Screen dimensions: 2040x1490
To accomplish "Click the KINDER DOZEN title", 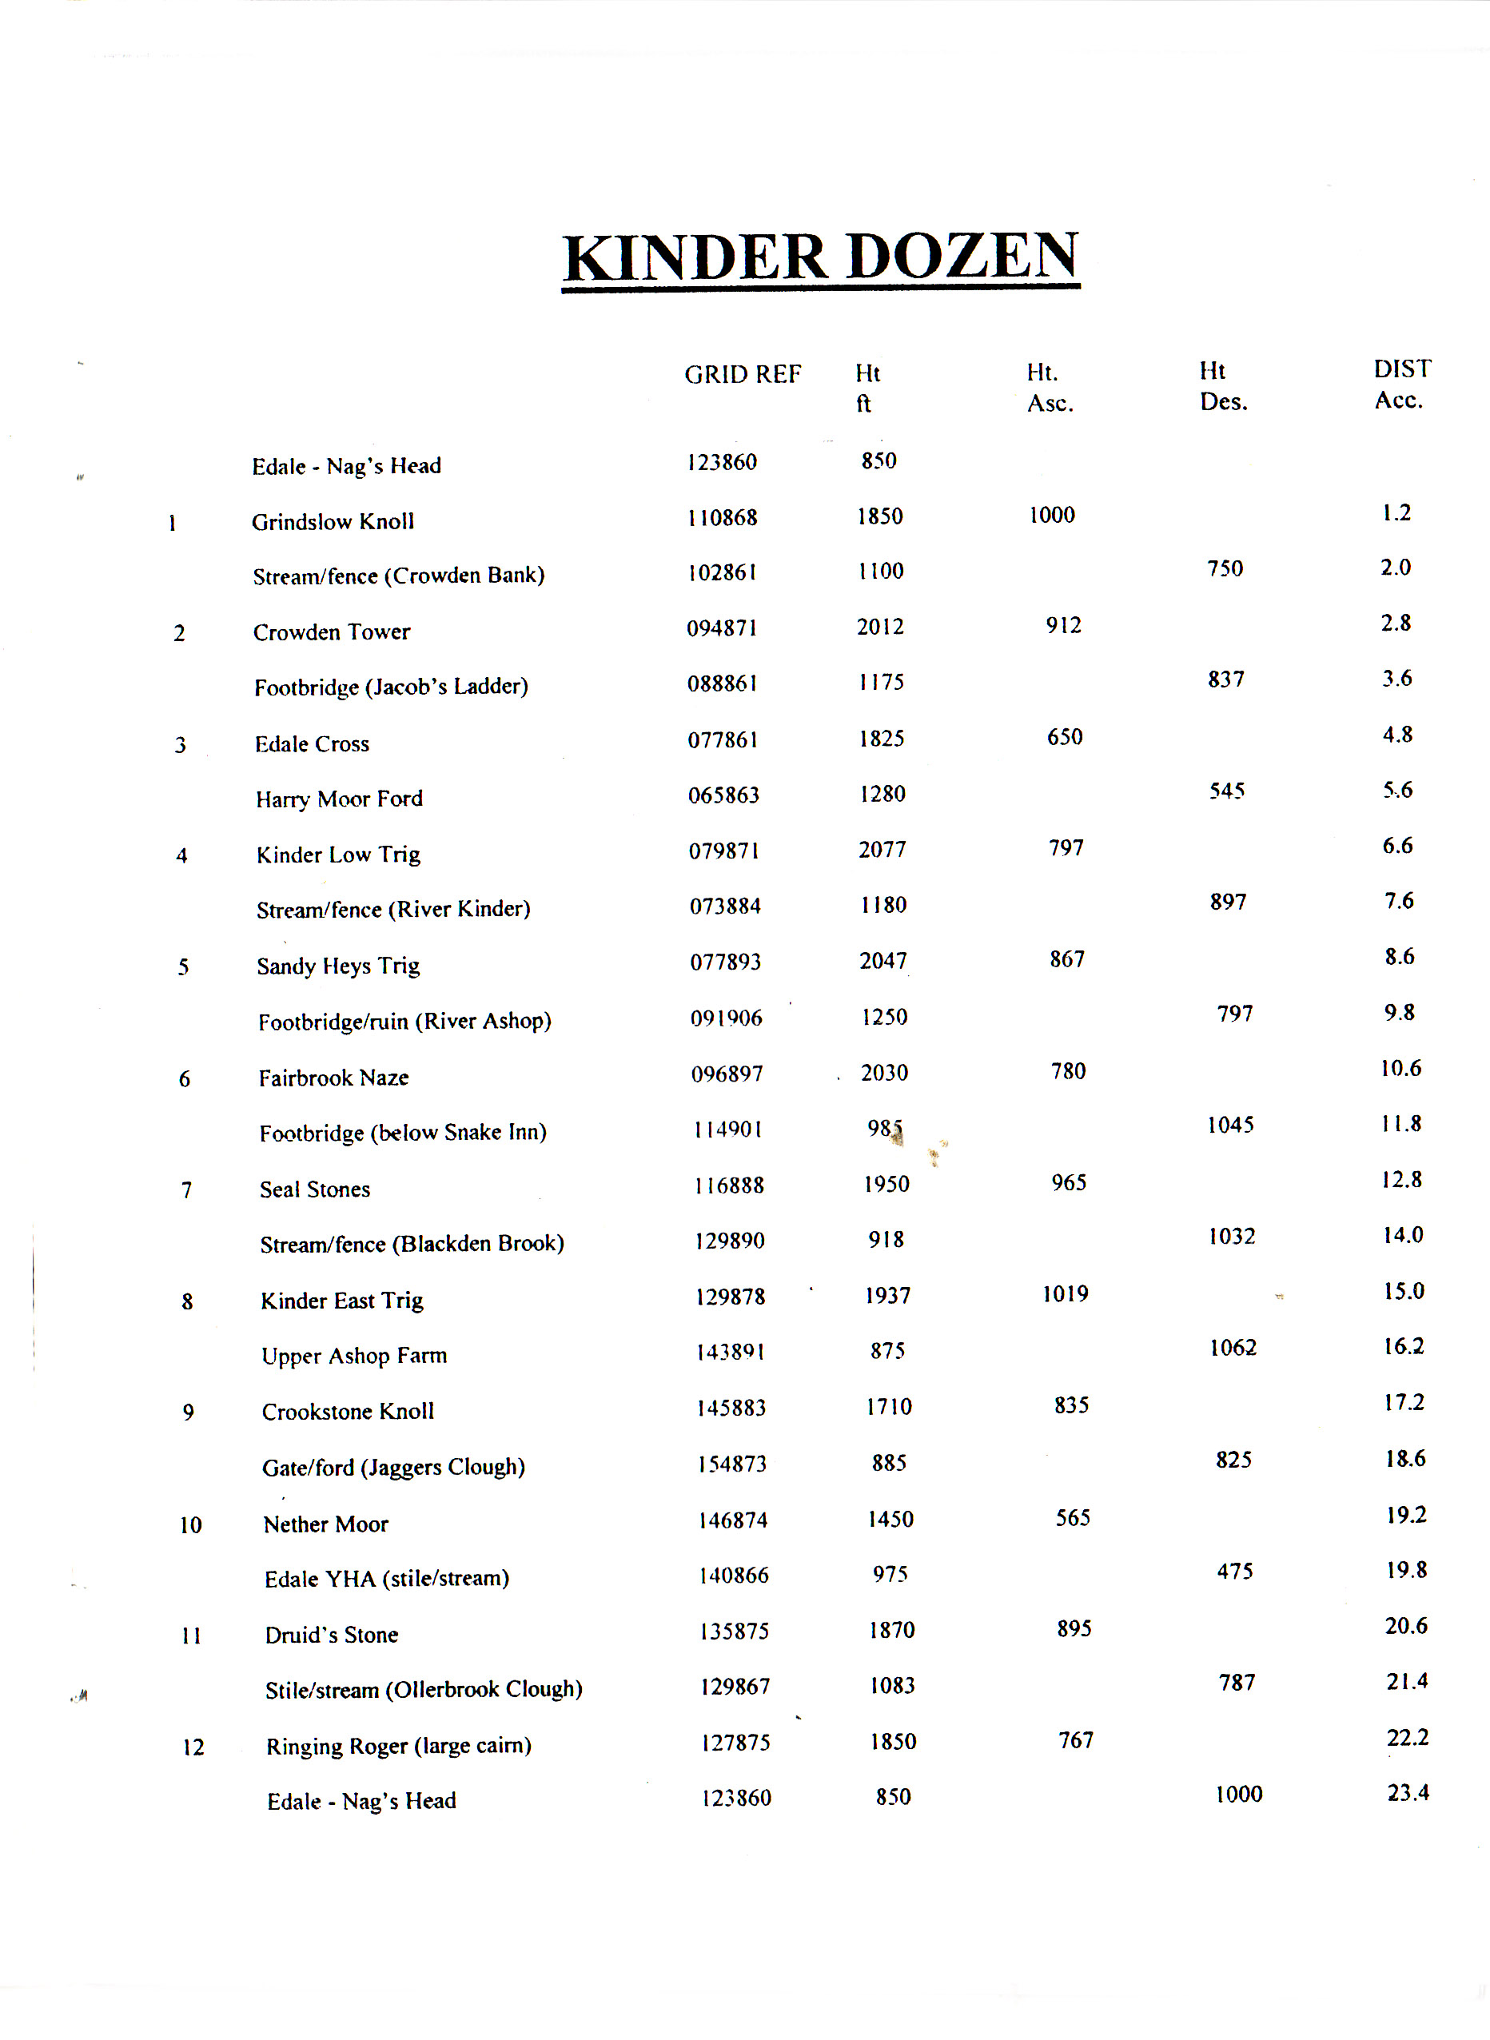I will pos(821,257).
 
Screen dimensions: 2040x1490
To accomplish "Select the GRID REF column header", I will pos(743,374).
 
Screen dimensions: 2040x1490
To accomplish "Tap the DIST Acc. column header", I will pos(1400,384).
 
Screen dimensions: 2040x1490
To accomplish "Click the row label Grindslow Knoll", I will pos(333,521).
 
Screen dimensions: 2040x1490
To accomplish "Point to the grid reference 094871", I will pos(722,628).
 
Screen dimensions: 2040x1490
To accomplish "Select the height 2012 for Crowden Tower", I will pos(880,627).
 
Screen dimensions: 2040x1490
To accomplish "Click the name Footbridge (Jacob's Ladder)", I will pos(391,687).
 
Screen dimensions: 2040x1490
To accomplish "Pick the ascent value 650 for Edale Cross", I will pos(1064,737).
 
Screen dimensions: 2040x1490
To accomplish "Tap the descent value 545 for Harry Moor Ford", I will pos(1227,791).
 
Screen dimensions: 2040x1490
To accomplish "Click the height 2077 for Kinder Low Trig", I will pos(882,850).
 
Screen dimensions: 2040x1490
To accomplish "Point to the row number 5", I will pos(183,968).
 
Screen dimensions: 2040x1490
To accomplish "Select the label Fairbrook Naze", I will pos(333,1078).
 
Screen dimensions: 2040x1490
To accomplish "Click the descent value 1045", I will pos(1231,1125).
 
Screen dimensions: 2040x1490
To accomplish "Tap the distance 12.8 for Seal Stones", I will pos(1401,1180).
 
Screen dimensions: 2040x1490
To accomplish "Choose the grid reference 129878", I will pos(731,1297).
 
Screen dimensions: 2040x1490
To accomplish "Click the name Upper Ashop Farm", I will pos(354,1356).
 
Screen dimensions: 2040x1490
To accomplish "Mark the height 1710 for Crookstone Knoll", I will pos(890,1407).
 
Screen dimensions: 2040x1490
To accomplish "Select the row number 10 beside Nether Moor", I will pos(190,1525).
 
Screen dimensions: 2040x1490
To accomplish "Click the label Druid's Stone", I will pos(332,1635).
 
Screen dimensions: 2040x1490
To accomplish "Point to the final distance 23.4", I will pos(1408,1793).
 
